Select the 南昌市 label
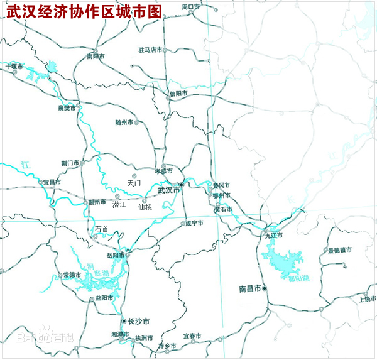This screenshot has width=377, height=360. coord(250,289)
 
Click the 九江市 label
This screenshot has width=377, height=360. coord(274,236)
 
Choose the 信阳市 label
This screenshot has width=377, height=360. coord(178,93)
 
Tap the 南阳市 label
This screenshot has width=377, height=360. coord(97,56)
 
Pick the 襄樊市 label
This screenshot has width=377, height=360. coord(67,108)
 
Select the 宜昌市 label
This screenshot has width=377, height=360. coord(52,182)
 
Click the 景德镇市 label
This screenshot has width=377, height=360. coord(339,250)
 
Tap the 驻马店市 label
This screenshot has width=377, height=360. coord(150,50)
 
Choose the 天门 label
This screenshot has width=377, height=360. coord(134,183)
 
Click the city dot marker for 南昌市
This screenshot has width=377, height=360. coord(265,288)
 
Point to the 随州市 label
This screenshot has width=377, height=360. coord(124,123)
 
